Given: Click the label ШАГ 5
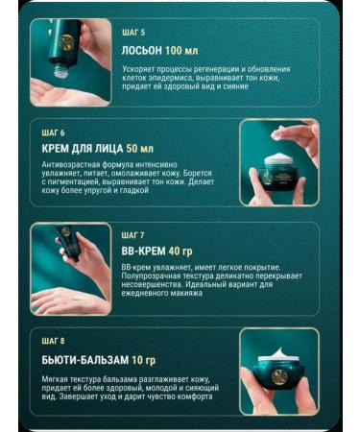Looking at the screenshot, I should click(134, 32).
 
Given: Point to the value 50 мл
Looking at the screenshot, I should click(140, 149).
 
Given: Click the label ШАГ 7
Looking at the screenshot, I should click(134, 234).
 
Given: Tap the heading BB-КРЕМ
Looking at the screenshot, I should click(147, 252).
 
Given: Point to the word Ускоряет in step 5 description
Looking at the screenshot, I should click(140, 69).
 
